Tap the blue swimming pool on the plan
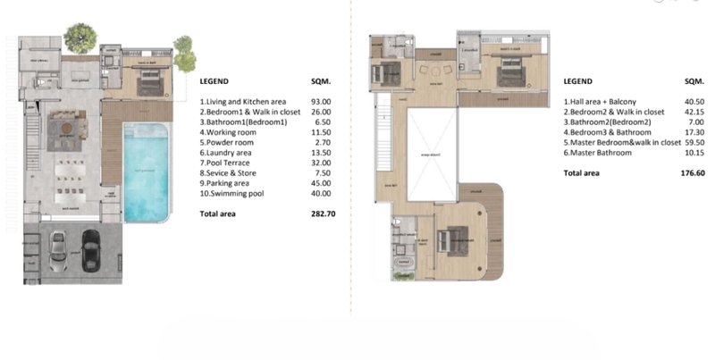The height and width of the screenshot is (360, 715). pyautogui.click(x=146, y=173)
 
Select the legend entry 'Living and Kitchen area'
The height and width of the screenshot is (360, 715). pyautogui.click(x=243, y=102)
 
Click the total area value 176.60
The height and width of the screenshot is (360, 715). pyautogui.click(x=681, y=173)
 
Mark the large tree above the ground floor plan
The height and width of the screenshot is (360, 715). pyautogui.click(x=80, y=38)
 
